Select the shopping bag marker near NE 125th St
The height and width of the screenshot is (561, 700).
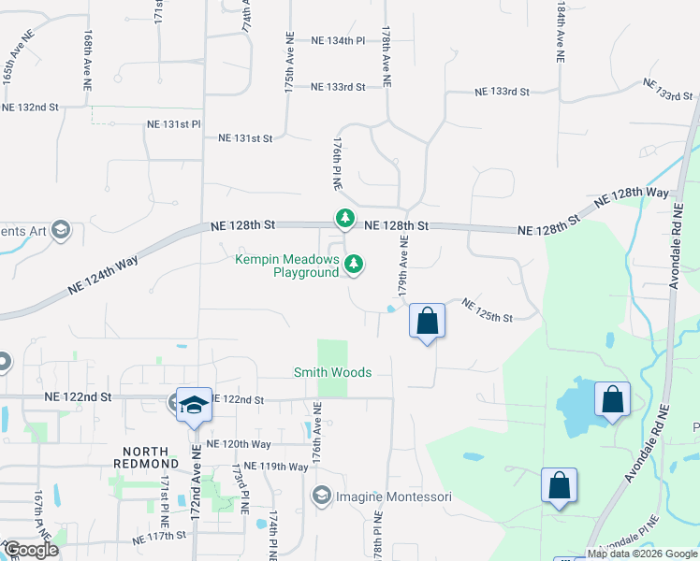click(427, 322)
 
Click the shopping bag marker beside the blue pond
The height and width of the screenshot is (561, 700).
click(612, 400)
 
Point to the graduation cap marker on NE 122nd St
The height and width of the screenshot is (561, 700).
click(194, 405)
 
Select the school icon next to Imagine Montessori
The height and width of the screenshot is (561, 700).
click(323, 495)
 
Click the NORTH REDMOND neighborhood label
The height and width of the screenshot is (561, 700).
click(145, 457)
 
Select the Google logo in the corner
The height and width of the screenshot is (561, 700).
click(31, 550)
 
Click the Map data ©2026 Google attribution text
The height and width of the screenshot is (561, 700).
click(643, 554)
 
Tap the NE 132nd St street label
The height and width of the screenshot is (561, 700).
click(30, 108)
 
